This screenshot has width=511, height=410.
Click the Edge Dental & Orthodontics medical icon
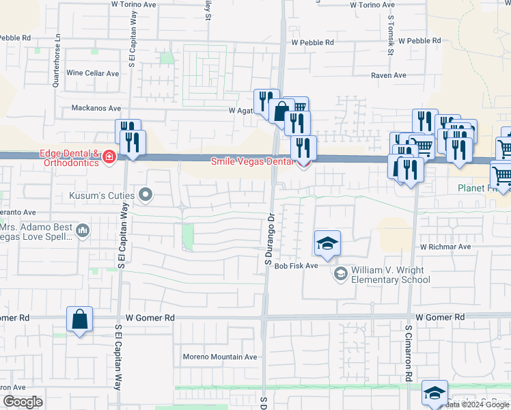click(108, 158)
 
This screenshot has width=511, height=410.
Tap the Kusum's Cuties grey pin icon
click(145, 196)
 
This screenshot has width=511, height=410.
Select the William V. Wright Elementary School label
click(391, 275)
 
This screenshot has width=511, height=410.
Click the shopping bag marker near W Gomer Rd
click(80, 319)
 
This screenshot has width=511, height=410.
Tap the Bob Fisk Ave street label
click(296, 265)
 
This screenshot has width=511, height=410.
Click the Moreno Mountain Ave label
click(219, 357)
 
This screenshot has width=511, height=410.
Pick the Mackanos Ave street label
click(96, 108)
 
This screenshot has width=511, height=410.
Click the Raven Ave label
click(389, 75)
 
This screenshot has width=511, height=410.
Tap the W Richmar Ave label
click(445, 246)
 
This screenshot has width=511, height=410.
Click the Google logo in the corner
click(23, 402)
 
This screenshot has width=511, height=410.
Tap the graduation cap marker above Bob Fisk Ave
click(327, 243)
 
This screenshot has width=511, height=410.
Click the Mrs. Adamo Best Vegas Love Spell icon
click(83, 231)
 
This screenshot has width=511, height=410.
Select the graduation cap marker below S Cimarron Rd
click(434, 392)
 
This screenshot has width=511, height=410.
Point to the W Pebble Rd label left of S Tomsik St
click(313, 42)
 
